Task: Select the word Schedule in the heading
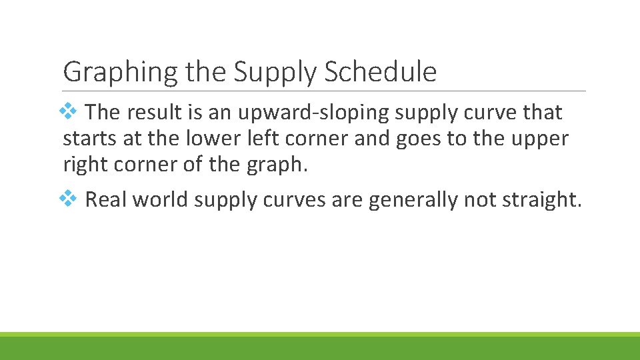point(380,72)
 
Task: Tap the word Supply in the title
point(277,72)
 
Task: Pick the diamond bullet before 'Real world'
point(69,198)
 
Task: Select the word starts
point(87,139)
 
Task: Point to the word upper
point(538,139)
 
